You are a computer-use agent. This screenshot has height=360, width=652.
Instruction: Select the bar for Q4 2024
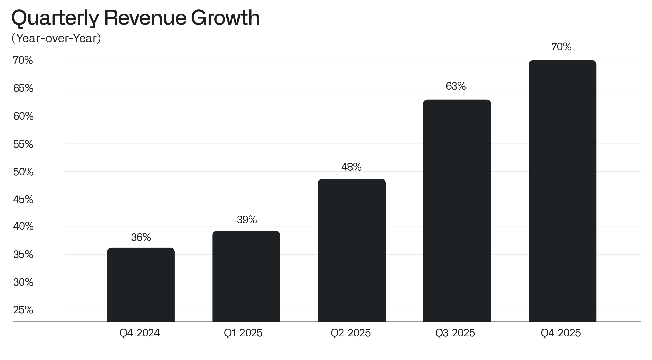click(x=141, y=285)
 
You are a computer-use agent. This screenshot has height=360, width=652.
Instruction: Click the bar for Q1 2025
click(x=246, y=276)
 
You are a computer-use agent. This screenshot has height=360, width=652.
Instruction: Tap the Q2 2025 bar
click(x=352, y=250)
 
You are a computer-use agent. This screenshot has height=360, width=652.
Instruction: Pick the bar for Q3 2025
click(x=457, y=211)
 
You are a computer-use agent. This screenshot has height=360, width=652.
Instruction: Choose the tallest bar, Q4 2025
click(x=562, y=191)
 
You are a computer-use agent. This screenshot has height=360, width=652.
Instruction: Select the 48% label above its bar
click(x=351, y=167)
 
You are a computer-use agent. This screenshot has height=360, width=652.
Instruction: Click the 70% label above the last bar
click(x=561, y=47)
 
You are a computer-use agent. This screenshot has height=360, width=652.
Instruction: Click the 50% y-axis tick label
click(x=23, y=172)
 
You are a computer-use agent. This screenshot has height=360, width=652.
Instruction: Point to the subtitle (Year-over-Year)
click(x=56, y=38)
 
